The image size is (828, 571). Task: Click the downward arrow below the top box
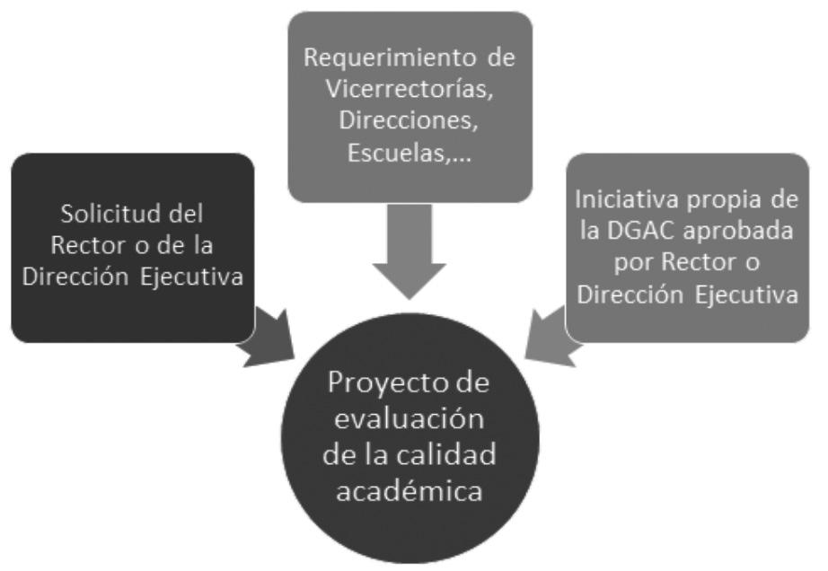click(410, 252)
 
